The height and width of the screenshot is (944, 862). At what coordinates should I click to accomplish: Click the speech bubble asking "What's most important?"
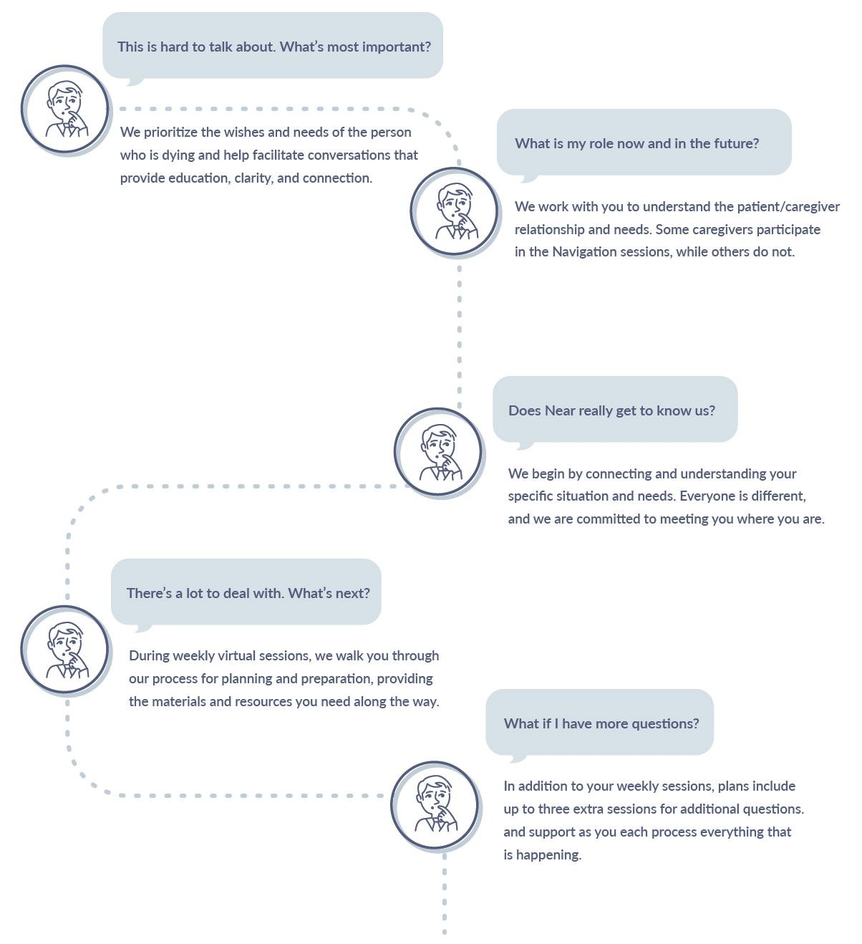273,46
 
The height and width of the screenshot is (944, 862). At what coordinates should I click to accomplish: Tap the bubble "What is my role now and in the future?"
644,142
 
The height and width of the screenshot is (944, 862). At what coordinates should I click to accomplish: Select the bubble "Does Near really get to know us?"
615,410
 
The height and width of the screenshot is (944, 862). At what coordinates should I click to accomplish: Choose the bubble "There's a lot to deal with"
246,592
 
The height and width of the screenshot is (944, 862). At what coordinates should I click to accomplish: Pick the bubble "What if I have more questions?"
599,723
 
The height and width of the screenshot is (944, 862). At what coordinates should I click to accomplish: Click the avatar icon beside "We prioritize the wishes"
65,110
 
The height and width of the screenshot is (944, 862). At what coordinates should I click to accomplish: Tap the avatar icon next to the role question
455,212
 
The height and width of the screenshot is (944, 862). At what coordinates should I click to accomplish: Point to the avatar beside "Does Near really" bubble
439,453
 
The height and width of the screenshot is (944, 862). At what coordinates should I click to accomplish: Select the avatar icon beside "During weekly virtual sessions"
65,650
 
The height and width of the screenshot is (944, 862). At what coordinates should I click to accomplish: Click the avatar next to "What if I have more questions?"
435,806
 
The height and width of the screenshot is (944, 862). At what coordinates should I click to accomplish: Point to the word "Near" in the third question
559,411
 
